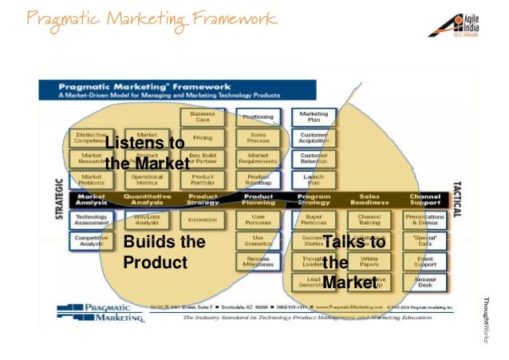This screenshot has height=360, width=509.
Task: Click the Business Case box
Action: [203, 117]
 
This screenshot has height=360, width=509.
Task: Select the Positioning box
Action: [258, 117]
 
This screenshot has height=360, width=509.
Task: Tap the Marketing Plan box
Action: [314, 117]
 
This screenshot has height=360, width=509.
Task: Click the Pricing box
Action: [203, 137]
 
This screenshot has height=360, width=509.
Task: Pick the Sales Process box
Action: [258, 137]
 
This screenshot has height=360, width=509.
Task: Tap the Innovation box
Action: [203, 219]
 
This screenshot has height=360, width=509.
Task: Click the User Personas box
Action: [258, 219]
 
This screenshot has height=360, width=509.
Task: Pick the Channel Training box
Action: [369, 219]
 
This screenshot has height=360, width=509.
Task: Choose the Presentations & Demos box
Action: [425, 219]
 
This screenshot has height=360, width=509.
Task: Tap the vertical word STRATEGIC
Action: [58, 198]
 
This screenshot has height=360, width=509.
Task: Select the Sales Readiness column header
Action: [369, 199]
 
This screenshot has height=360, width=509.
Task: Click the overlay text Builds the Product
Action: [163, 252]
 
